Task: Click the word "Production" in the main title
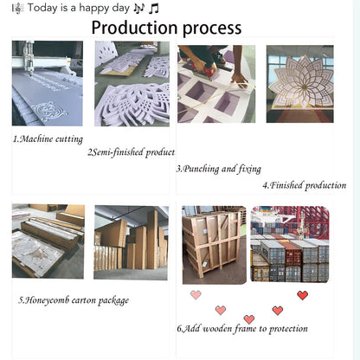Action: (134, 28)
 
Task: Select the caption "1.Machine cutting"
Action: (48, 139)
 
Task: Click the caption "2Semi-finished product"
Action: (132, 152)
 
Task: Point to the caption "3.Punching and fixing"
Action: (219, 169)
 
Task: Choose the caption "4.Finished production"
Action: (305, 185)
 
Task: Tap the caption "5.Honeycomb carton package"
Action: (74, 300)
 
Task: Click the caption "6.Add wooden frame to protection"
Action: (242, 329)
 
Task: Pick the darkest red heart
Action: (302, 295)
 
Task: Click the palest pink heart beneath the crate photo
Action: (196, 295)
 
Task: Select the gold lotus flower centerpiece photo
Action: (300, 84)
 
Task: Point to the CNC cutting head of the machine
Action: (29, 58)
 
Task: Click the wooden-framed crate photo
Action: (215, 245)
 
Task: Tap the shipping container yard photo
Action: (290, 244)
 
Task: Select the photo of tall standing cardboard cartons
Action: (131, 242)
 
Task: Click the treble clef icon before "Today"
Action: (17, 9)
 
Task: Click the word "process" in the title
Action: (212, 29)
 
